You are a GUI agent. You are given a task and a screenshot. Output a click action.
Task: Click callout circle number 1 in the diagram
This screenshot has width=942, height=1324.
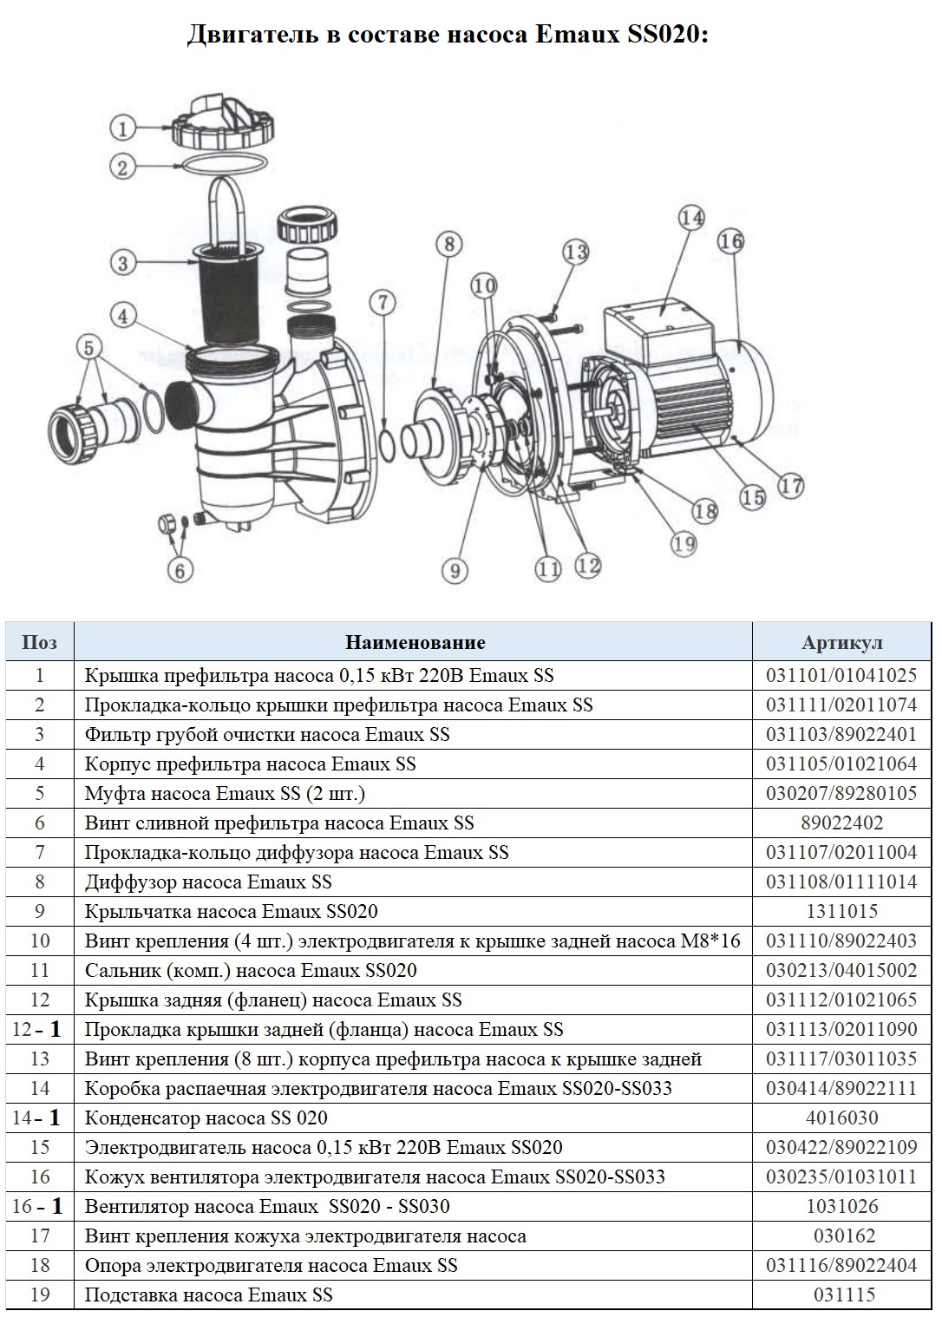click(123, 128)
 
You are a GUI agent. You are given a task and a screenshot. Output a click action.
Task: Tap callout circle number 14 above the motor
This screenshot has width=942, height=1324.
click(691, 218)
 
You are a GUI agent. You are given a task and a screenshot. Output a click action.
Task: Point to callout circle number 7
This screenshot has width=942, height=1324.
click(383, 303)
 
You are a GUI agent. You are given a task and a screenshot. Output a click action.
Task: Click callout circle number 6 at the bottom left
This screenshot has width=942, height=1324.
click(180, 570)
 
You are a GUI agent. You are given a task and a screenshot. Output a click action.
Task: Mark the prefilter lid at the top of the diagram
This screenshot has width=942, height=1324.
click(223, 125)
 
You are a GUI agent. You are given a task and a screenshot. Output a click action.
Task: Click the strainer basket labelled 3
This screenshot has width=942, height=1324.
click(226, 292)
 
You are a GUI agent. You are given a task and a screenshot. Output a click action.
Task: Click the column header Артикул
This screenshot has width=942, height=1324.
click(841, 643)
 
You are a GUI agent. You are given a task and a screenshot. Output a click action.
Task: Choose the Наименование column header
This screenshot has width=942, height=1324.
click(415, 643)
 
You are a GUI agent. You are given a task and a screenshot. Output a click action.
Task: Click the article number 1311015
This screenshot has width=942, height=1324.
click(841, 911)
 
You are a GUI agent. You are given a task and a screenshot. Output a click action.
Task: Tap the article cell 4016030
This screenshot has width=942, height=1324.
click(841, 1118)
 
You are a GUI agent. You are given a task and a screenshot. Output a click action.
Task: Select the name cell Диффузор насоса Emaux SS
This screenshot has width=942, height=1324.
click(208, 882)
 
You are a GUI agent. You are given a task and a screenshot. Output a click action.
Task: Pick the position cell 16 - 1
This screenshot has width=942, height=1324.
click(37, 1206)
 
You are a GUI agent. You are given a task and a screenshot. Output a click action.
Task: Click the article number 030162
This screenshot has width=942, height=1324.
click(844, 1236)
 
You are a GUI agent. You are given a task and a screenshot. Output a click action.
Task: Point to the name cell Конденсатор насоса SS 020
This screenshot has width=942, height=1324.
click(206, 1118)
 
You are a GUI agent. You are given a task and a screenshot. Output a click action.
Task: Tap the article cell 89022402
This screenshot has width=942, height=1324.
click(841, 823)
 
